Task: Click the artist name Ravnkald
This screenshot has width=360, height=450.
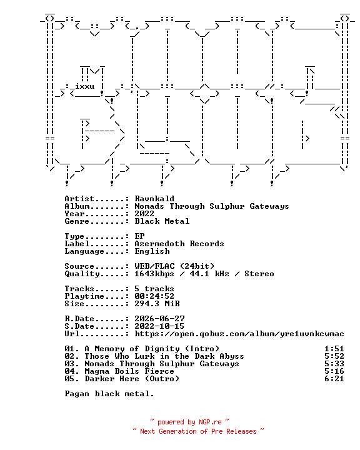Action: (x=154, y=199)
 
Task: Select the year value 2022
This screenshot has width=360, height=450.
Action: (x=144, y=214)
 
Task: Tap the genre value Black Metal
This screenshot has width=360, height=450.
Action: (x=162, y=221)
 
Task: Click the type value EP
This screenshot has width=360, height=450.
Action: (x=139, y=236)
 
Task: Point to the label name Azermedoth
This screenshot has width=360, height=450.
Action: (x=159, y=243)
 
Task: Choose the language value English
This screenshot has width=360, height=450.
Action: (x=152, y=251)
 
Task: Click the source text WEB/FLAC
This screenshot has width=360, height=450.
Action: (x=154, y=266)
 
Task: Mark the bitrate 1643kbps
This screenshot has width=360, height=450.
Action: (x=154, y=274)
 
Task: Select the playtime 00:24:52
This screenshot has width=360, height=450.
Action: (x=154, y=296)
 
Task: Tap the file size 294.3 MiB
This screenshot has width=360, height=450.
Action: (x=157, y=303)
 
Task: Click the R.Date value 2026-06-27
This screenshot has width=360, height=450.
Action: (x=159, y=319)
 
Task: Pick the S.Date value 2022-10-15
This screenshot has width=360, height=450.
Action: (x=159, y=326)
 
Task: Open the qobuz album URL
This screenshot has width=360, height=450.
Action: (x=239, y=334)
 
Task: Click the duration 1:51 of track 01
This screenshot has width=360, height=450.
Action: (x=334, y=349)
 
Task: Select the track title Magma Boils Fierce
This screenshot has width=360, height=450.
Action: (x=129, y=371)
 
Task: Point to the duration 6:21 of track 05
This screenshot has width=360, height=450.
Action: (x=334, y=379)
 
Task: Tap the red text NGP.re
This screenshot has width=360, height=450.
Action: (x=210, y=422)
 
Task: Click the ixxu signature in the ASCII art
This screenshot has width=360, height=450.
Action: (x=85, y=86)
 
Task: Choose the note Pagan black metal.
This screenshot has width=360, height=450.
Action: (x=109, y=394)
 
